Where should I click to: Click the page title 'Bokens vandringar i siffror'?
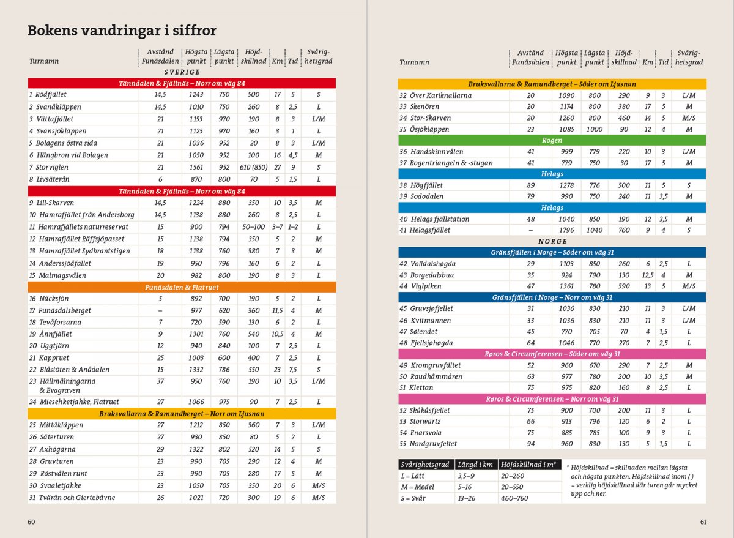(122, 31)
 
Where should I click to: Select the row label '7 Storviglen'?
(48, 167)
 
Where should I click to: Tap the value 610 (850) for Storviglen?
(253, 167)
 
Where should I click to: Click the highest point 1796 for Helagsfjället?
(566, 230)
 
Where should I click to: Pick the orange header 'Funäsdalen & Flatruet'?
(182, 287)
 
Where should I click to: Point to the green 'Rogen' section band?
(552, 140)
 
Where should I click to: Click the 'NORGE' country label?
(552, 241)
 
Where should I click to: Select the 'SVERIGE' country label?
(182, 72)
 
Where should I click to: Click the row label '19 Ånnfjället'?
(50, 334)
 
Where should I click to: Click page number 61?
(704, 522)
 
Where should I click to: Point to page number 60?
(31, 522)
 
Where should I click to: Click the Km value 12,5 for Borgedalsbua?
(648, 275)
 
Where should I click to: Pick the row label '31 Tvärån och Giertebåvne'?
(72, 498)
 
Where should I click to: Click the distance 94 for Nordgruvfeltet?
(530, 444)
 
